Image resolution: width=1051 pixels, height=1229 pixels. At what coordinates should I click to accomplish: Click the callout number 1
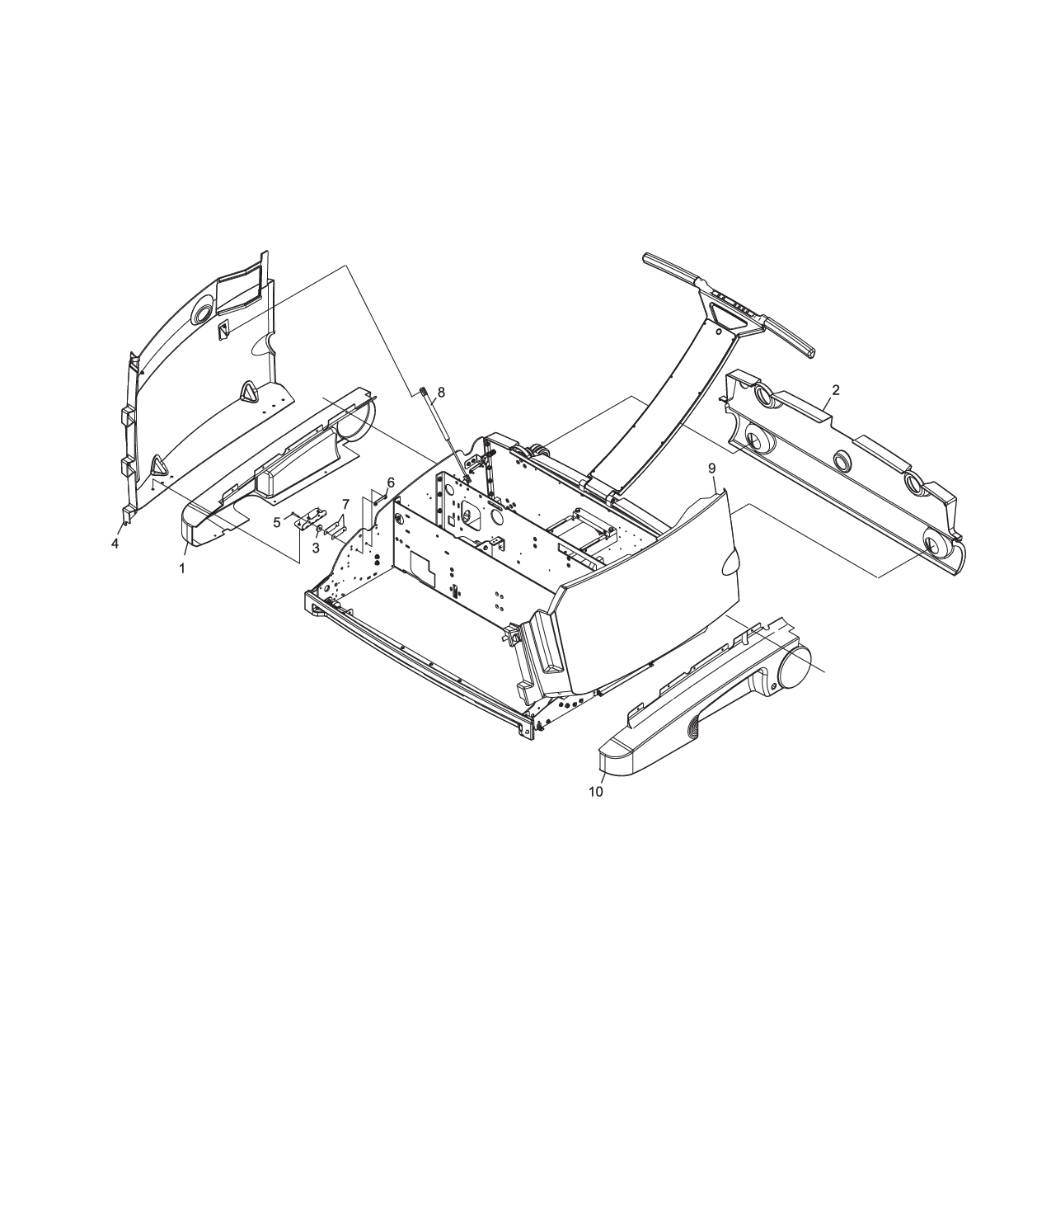coord(182,568)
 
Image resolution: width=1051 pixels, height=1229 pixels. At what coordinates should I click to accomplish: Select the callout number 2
coord(836,390)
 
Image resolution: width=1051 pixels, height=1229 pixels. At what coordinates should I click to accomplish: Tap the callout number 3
coord(316,548)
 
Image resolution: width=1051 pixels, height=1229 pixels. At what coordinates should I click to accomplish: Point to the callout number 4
coord(115,544)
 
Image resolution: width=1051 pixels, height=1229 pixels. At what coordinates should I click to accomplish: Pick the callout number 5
coord(277,521)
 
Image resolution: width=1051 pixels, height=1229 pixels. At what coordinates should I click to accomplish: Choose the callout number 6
coord(391,482)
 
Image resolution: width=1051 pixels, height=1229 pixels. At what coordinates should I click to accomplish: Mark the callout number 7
coord(345,504)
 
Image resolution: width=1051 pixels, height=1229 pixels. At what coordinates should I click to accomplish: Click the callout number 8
coord(440,393)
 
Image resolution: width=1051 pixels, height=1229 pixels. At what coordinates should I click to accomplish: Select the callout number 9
coord(712,468)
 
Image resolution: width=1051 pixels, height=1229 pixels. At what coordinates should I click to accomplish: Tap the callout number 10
coord(595,792)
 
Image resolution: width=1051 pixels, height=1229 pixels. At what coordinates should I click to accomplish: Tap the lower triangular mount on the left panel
coord(156,468)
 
